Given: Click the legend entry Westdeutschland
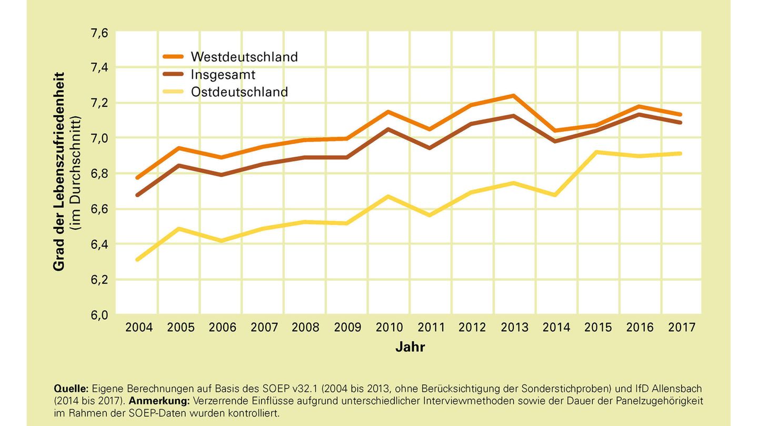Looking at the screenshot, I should (244, 57).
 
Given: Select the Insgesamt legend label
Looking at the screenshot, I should (223, 74).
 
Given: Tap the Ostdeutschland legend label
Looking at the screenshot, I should (240, 92).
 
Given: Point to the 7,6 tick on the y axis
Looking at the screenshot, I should (99, 33).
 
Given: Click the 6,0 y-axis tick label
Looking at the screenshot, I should (99, 315).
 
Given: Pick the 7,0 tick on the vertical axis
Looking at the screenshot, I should (99, 138).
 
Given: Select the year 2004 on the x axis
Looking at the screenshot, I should (139, 327).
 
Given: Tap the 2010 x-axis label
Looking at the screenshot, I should (390, 327).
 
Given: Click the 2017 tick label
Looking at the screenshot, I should (682, 327).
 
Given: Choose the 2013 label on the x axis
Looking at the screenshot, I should (514, 327).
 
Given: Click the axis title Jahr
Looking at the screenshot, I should (410, 347).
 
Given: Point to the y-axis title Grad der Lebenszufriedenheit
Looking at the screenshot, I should (59, 171).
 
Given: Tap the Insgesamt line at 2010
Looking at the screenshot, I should (388, 129).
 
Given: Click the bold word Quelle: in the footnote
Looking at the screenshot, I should (71, 389).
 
